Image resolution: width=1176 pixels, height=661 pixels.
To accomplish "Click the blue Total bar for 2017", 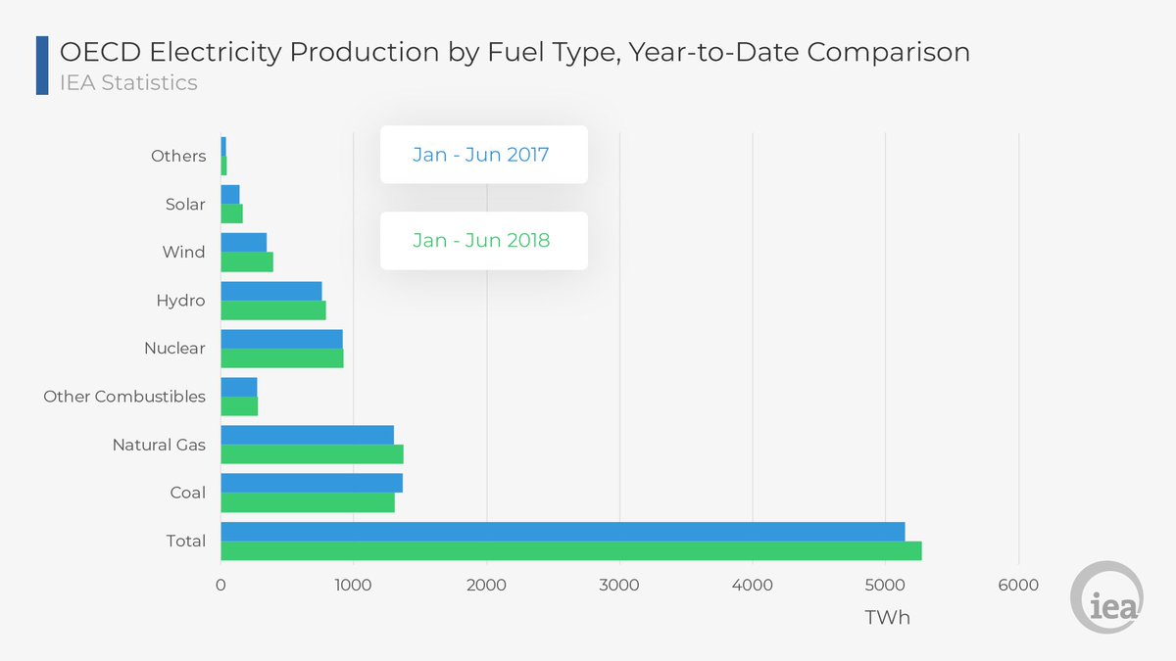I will tap(563, 531).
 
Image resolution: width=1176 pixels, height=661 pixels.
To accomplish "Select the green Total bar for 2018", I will tap(570, 551).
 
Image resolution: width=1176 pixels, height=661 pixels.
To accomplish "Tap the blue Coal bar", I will tap(312, 483).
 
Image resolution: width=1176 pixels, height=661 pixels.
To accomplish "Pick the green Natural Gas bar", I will tap(312, 454).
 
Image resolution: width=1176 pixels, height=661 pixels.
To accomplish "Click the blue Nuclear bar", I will tap(281, 339).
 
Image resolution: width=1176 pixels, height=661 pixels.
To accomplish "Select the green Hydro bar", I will tap(273, 310).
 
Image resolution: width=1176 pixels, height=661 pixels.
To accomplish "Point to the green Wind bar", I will tap(247, 262).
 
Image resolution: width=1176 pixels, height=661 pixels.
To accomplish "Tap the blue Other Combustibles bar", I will tap(239, 387).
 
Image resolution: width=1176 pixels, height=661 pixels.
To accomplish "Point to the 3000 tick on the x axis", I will tap(620, 586).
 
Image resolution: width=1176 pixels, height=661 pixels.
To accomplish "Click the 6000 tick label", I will tap(1018, 586).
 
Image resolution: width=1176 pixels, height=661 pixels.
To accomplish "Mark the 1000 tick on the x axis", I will tap(353, 586).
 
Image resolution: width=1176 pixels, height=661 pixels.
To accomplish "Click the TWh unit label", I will tap(888, 618).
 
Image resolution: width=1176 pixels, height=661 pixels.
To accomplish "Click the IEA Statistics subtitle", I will tap(128, 82).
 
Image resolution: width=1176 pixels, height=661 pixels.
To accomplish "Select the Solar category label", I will tap(185, 205).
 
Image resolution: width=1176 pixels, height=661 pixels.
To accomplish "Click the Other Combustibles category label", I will tap(124, 397).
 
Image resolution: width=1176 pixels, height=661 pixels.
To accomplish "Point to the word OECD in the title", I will tap(101, 52).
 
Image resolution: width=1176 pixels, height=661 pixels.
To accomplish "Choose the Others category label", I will tap(178, 156).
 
